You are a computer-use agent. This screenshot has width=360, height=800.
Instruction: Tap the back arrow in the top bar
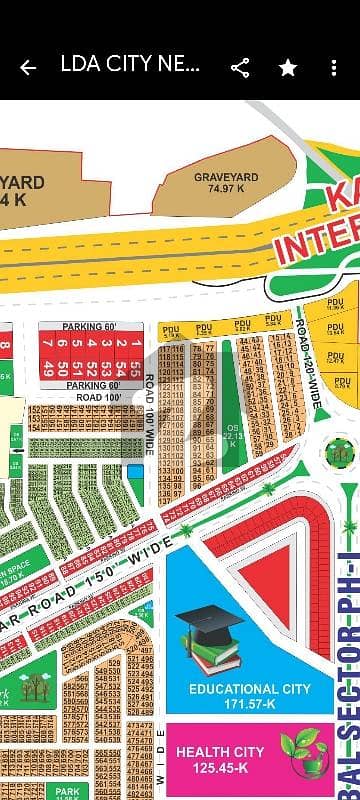coord(28,68)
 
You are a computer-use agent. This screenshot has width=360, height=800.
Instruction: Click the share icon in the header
coord(240,68)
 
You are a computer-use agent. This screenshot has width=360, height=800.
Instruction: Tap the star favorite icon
coord(288,68)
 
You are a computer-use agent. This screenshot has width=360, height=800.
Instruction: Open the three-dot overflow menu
coord(334,68)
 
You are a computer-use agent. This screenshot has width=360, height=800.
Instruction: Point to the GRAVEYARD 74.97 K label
coord(226,183)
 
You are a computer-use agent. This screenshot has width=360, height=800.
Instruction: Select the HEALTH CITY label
coord(220,751)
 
